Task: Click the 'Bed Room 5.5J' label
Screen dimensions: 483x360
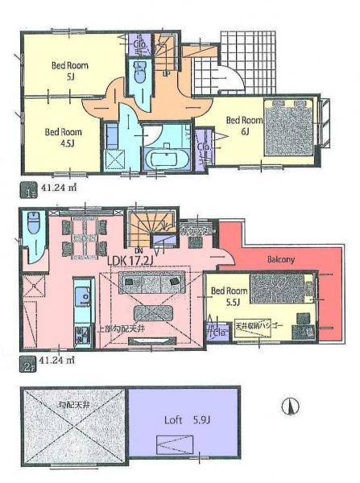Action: (x=229, y=297)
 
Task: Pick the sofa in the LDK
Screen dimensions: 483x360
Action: (x=152, y=282)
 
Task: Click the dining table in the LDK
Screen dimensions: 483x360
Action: (x=84, y=239)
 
